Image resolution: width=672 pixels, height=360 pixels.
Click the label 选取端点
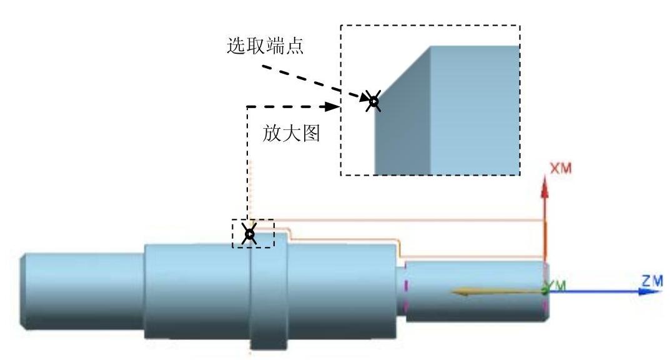265,47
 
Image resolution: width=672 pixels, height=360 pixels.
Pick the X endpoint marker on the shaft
249,234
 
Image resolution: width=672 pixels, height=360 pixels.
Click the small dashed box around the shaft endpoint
254,233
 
